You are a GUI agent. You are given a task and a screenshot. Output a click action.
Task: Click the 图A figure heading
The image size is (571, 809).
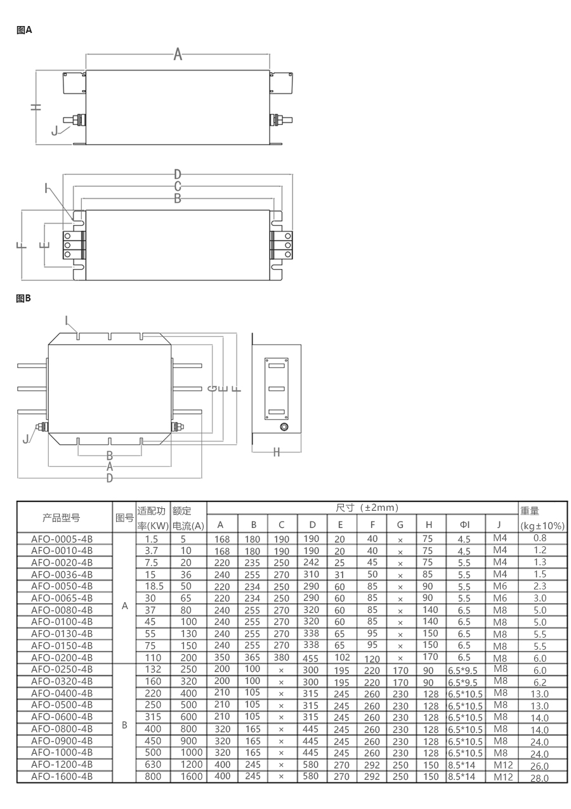[24, 30]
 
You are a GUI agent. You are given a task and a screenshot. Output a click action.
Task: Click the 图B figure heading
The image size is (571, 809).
[23, 298]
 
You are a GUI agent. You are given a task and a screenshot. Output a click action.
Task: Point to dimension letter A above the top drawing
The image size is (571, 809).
[178, 55]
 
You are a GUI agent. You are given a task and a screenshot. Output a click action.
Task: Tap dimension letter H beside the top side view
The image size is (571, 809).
[36, 107]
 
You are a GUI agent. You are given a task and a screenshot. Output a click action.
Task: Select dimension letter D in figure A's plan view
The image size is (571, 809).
[178, 174]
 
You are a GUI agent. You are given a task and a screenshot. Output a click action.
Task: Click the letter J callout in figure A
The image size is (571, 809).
[55, 130]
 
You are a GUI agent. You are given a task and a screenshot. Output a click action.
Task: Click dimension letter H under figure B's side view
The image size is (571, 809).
[277, 452]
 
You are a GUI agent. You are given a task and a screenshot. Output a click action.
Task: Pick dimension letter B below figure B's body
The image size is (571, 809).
[109, 456]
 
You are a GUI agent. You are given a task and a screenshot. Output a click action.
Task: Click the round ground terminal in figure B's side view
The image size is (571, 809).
[285, 427]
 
